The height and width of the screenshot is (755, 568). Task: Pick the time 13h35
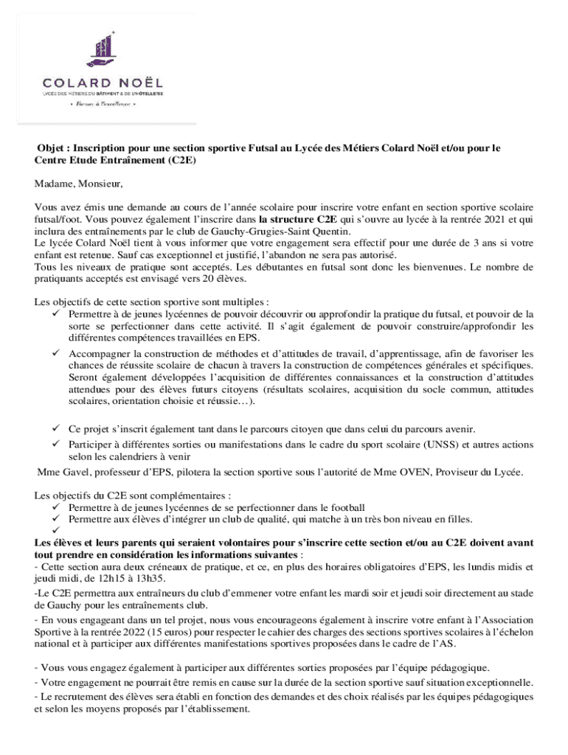pos(160,578)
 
